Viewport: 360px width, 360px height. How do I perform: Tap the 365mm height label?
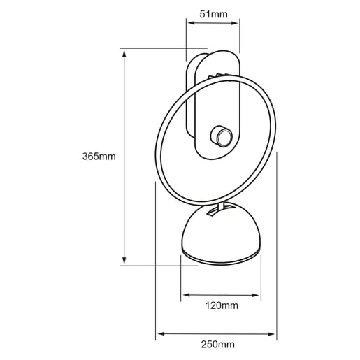tap(98, 156)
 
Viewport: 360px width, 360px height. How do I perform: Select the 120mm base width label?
tap(222, 305)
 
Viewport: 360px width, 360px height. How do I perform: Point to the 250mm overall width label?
tap(217, 344)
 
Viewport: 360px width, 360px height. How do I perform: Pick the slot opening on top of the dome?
tap(216, 209)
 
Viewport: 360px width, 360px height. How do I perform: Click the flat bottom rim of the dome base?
tap(220, 259)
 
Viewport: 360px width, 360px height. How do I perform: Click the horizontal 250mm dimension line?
tap(182, 333)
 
